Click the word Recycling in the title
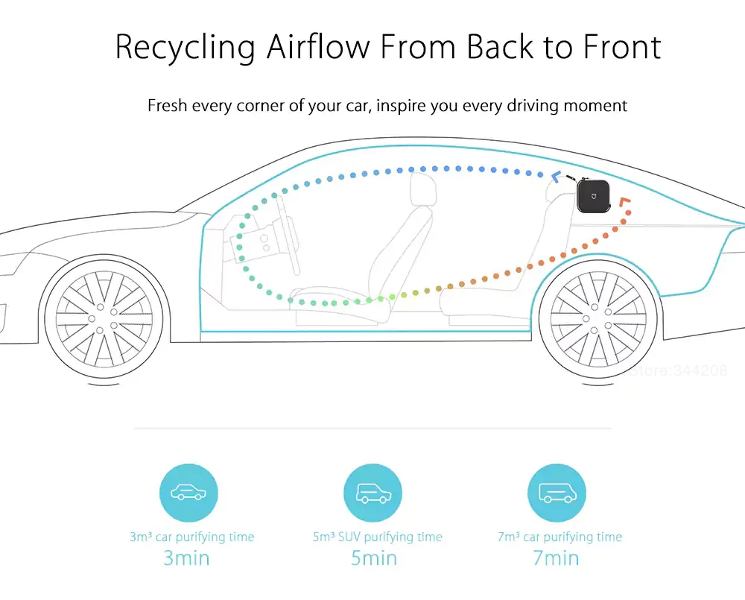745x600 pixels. click(186, 47)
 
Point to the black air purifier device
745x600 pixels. click(594, 197)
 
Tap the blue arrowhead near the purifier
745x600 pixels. click(556, 177)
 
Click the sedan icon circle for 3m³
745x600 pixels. click(188, 493)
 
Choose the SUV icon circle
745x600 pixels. click(372, 493)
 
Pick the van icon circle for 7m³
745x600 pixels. click(557, 493)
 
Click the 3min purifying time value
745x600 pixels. click(186, 558)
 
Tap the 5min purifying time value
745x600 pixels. click(372, 558)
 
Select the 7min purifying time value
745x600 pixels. click(556, 558)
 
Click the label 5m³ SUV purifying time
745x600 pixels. click(377, 537)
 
